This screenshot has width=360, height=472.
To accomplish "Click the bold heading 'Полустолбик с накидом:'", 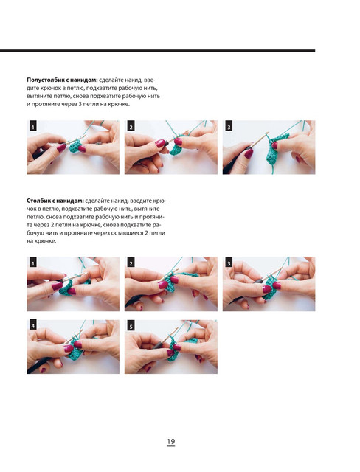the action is click(62, 80).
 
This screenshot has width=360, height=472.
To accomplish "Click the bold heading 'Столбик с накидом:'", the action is click(55, 201).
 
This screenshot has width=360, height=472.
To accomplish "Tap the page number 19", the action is click(170, 442).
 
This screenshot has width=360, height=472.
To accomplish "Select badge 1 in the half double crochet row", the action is click(33, 127).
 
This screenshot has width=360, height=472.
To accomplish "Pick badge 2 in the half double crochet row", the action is click(131, 127).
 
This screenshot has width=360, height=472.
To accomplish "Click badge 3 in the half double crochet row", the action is click(229, 127).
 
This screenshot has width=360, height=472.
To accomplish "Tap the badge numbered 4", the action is click(33, 326).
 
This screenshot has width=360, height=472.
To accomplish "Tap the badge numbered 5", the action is click(131, 326).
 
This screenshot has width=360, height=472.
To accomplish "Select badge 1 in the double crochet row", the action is click(33, 263).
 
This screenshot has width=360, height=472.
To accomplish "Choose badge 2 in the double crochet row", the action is click(131, 263).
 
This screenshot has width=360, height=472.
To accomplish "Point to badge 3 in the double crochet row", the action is click(229, 263).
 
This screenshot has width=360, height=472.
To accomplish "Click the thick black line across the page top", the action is click(157, 51).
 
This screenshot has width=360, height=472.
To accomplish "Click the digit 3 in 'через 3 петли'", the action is click(80, 105).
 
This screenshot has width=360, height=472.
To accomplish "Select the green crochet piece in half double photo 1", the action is click(75, 146).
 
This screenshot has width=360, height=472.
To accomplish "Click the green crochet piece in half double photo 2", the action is click(176, 148).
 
